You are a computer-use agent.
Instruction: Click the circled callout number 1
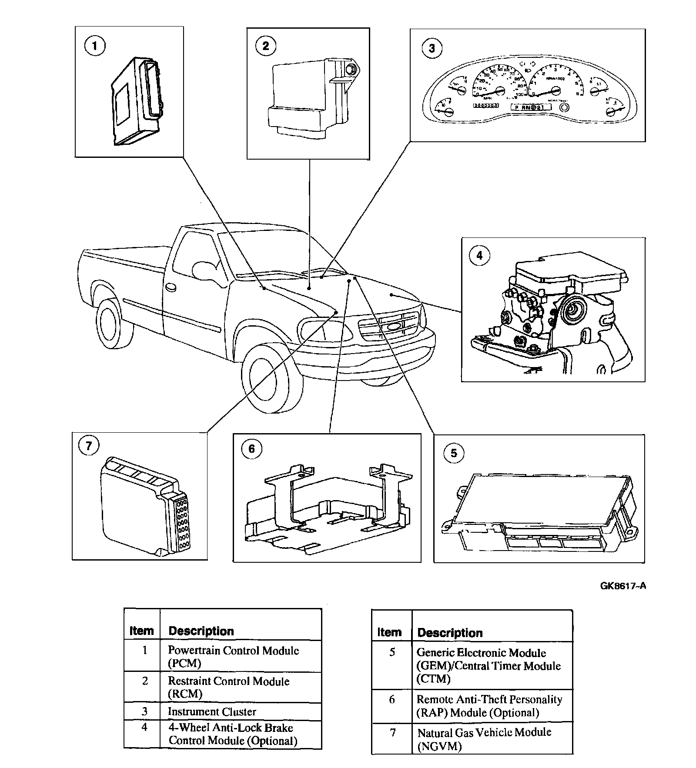95,46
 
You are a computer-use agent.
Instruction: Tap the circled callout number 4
479,255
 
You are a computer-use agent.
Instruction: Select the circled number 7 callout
89,447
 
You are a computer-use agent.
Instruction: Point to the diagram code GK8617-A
623,585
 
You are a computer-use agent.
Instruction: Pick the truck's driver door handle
171,287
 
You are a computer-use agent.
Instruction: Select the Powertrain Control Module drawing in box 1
136,100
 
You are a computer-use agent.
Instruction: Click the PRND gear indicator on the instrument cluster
528,107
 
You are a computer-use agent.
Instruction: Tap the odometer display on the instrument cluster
485,106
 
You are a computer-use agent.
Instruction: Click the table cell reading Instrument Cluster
212,711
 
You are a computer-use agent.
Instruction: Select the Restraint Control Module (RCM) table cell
228,687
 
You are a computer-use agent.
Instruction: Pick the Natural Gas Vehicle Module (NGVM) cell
484,739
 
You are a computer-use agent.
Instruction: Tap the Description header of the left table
201,631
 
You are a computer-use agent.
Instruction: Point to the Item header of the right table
389,632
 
